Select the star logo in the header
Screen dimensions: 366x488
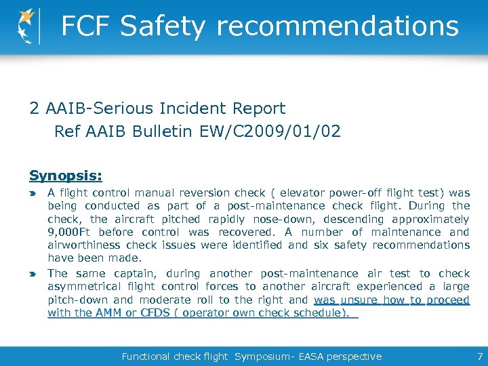pyautogui.click(x=28, y=26)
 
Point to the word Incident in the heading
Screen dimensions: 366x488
pyautogui.click(x=193, y=108)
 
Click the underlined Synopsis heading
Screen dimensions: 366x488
pyautogui.click(x=66, y=176)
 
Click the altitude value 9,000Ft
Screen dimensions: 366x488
pyautogui.click(x=70, y=232)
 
